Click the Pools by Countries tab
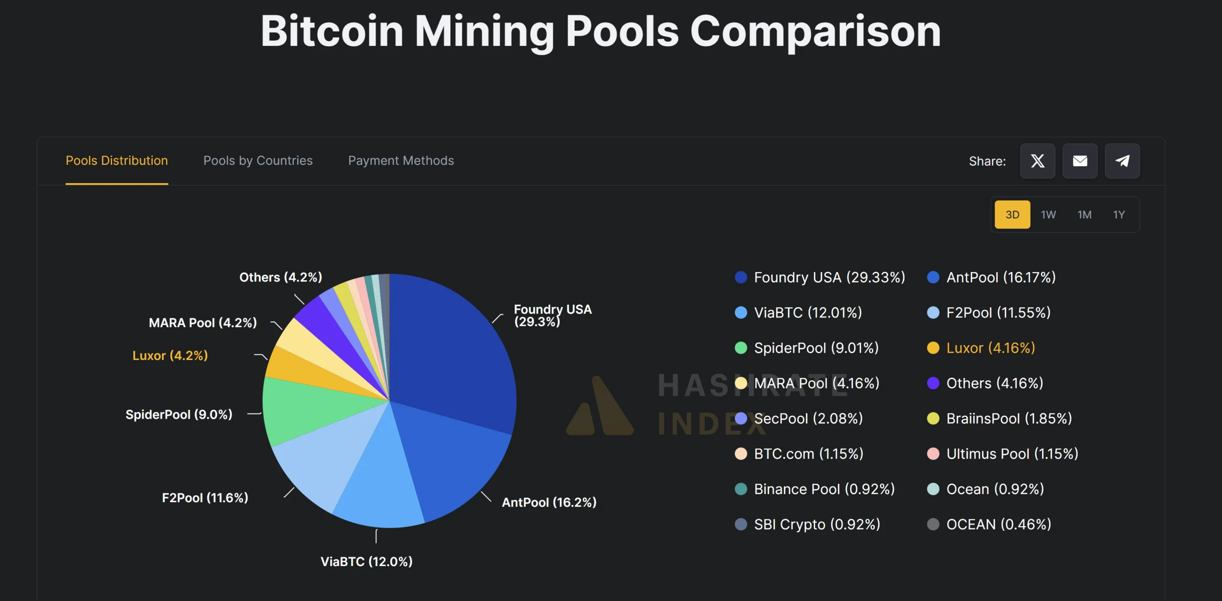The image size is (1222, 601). [x=258, y=161]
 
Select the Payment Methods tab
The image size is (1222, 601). [x=401, y=161]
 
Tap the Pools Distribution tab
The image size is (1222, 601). [x=116, y=161]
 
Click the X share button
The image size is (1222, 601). [x=1037, y=161]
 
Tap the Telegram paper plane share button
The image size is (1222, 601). [x=1122, y=161]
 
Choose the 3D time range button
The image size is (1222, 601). [x=1012, y=215]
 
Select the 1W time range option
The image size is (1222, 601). [x=1048, y=215]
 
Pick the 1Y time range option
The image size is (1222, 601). [x=1119, y=215]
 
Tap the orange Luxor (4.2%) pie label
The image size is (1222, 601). [x=170, y=356]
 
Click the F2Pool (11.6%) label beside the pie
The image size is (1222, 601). [x=205, y=498]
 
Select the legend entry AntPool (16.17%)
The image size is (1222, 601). [x=1001, y=277]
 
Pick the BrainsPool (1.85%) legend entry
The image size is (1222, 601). [x=1009, y=419]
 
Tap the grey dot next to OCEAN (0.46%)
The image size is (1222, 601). [x=933, y=525]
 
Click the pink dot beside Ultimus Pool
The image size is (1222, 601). [x=933, y=454]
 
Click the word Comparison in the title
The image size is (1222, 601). [x=815, y=32]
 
